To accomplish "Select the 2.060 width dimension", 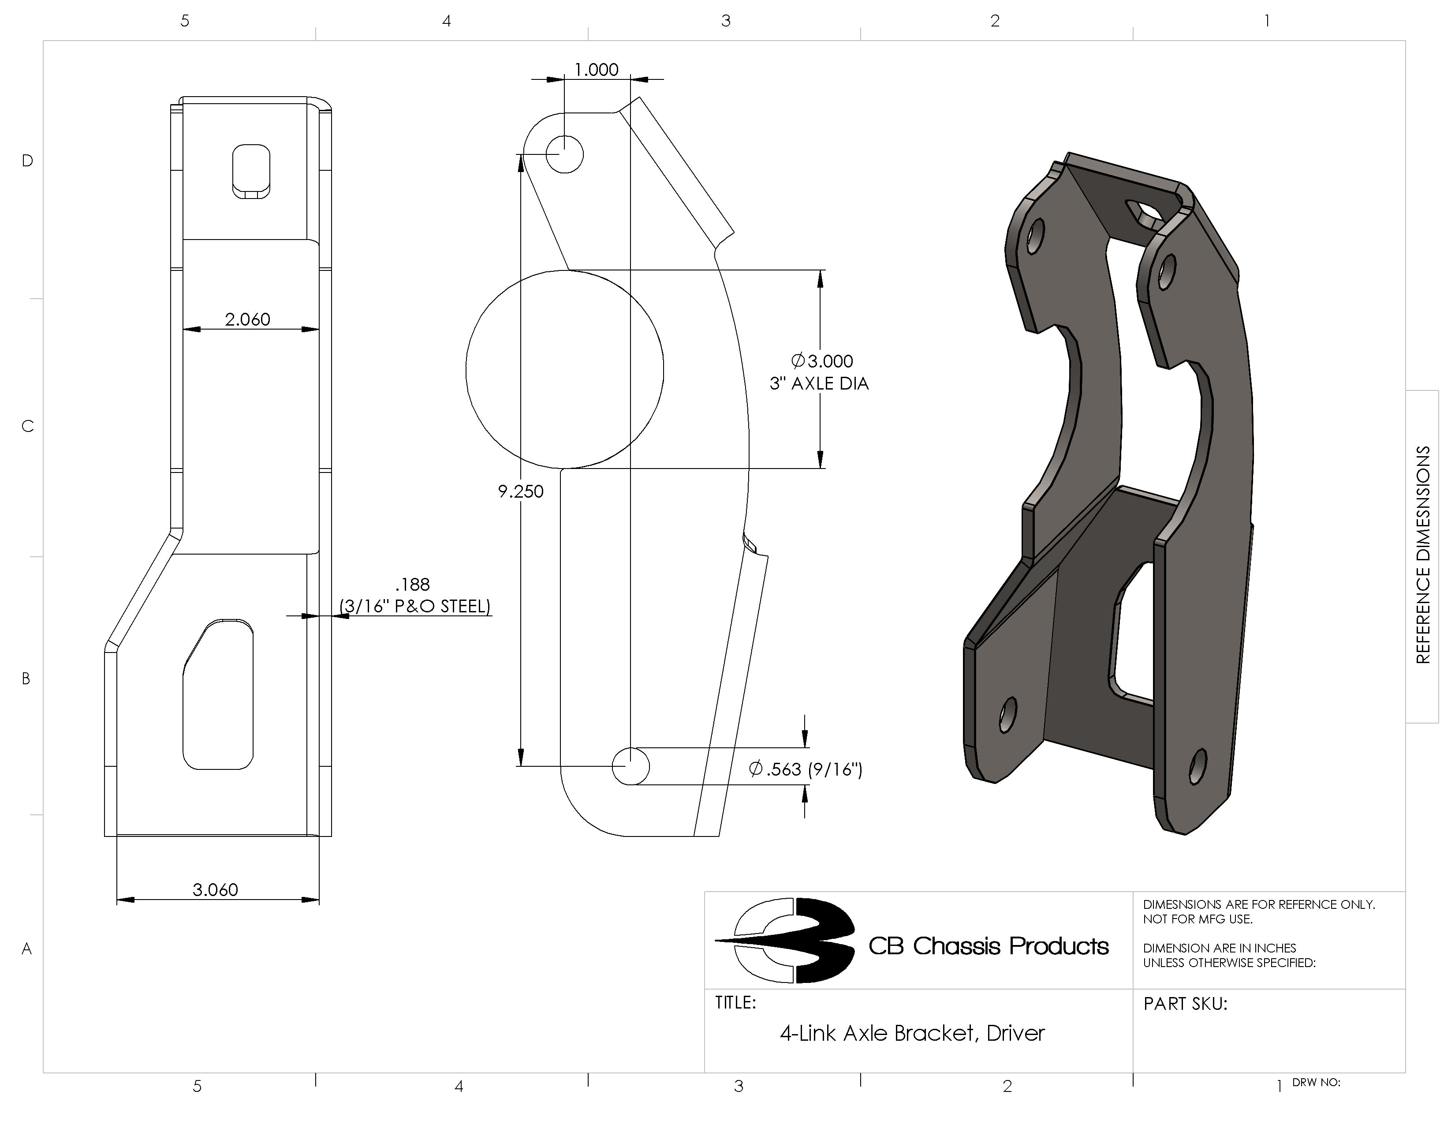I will pos(247,319).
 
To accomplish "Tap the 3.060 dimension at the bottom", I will pos(215,890).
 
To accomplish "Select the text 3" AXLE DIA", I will pos(819,384).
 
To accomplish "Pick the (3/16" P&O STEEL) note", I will pos(415,607).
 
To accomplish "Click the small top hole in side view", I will pos(564,154).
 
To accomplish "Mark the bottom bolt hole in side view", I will pos(630,766).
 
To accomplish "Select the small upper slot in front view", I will pos(251,171).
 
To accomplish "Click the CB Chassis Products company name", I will pos(988,946).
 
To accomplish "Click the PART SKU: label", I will pos(1185,1004).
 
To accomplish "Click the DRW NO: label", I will pos(1316,1082).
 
